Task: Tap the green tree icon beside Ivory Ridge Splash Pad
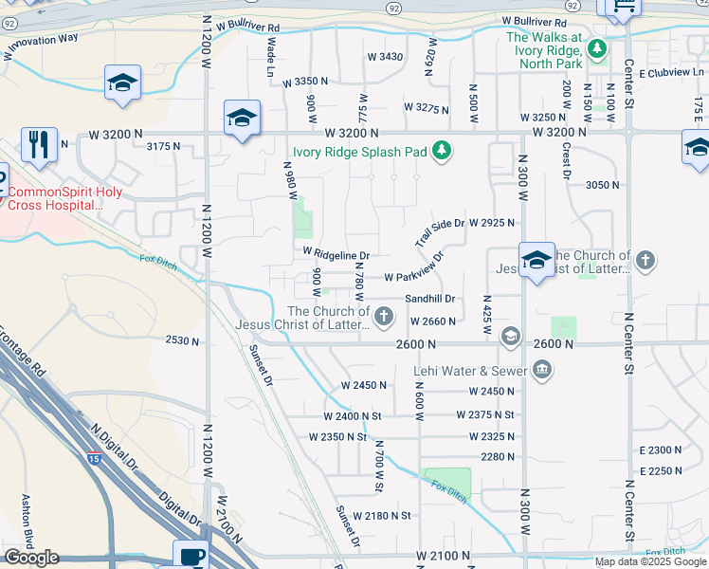441,150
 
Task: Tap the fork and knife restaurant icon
39,145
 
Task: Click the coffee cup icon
191,555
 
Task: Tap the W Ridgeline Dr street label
336,254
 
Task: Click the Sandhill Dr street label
430,299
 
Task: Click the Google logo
30,558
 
